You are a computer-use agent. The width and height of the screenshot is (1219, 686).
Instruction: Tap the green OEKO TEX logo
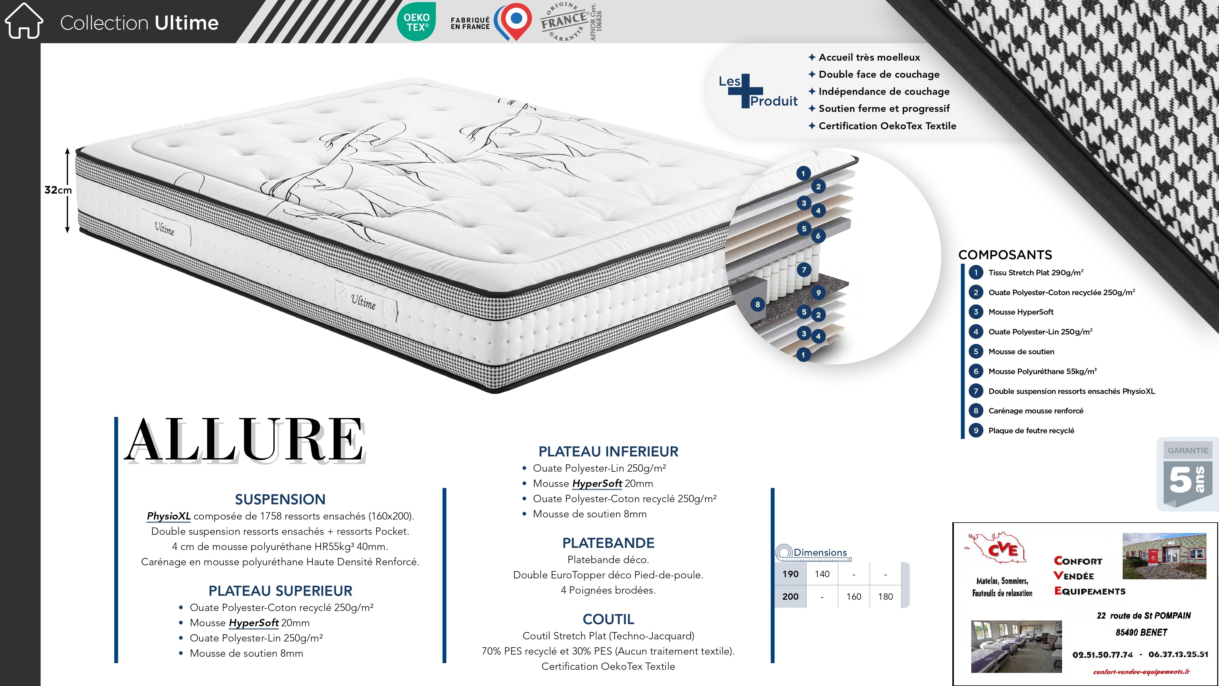(x=416, y=22)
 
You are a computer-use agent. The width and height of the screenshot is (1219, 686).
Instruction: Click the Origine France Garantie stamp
(x=566, y=22)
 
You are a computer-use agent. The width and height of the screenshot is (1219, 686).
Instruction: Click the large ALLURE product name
(x=245, y=440)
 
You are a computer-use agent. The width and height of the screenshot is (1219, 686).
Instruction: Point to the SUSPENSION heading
(x=280, y=499)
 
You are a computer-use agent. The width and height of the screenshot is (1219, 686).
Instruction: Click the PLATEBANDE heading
(x=608, y=543)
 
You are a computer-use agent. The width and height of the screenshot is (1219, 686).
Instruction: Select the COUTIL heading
(x=608, y=619)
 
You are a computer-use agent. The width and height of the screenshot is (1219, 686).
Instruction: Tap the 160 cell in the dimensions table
(x=854, y=597)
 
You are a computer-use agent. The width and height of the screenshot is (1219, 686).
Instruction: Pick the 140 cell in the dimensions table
(x=822, y=574)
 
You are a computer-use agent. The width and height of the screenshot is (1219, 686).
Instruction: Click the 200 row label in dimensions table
(x=790, y=597)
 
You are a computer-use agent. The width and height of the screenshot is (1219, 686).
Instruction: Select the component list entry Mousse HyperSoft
(x=1021, y=312)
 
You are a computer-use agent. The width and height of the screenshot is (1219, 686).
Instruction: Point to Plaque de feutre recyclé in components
(x=1031, y=430)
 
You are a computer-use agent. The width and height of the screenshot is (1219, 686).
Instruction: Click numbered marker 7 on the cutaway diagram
(x=804, y=270)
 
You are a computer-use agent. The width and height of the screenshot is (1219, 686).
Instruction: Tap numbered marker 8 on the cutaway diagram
(x=758, y=304)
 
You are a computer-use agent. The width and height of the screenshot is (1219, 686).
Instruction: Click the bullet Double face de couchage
(x=879, y=74)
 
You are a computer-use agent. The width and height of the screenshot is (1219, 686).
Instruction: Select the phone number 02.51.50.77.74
(x=1103, y=655)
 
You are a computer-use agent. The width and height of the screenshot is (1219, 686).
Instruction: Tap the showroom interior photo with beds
(x=1016, y=646)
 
